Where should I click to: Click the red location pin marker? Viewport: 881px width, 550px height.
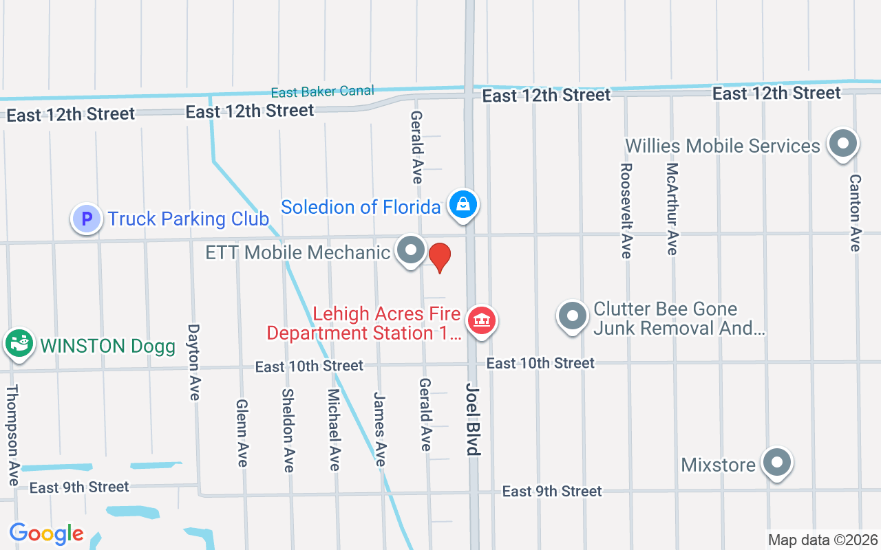point(439,257)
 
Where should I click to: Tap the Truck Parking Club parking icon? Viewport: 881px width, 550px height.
point(87,219)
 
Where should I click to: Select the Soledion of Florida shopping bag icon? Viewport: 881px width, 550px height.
point(464,206)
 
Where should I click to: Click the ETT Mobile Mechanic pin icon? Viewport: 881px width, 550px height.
point(411,251)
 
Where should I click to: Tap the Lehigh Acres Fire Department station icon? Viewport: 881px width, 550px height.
point(482,320)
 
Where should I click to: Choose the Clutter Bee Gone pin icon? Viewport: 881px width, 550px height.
point(572,317)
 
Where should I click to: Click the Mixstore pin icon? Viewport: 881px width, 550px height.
point(776,463)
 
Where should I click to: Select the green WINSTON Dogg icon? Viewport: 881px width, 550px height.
point(19,343)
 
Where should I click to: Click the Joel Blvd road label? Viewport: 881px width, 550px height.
point(472,419)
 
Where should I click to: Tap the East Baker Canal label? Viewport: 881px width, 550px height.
point(322,92)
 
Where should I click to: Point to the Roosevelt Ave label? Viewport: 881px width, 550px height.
point(626,210)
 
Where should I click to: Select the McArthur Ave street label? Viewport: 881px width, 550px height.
point(672,209)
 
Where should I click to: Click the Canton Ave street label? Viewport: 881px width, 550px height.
point(855,212)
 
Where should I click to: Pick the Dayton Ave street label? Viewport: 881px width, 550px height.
point(194,362)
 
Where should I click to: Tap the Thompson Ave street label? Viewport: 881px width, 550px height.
point(12,434)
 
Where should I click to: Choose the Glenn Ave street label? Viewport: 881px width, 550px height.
point(242,433)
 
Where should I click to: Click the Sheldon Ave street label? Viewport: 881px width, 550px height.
point(288,430)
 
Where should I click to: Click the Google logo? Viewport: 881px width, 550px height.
point(46,533)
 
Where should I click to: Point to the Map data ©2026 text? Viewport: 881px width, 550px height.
point(822,540)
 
